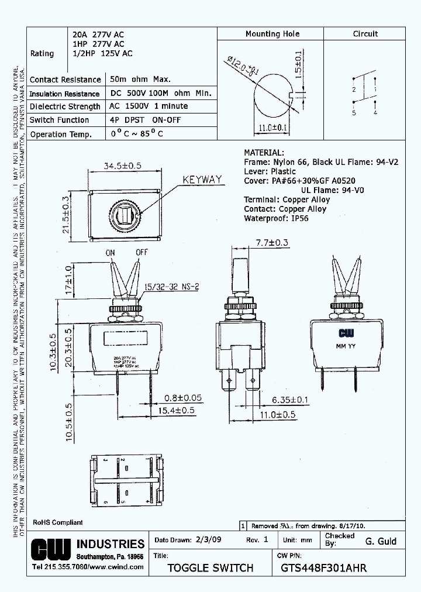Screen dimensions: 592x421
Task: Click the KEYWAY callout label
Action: click(x=202, y=180)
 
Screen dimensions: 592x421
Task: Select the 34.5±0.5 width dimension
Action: click(x=123, y=166)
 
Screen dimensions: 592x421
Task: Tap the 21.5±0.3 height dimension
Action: click(x=66, y=215)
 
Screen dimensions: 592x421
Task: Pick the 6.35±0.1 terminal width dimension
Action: click(x=291, y=400)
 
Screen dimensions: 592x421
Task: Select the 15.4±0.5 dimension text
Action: click(x=176, y=412)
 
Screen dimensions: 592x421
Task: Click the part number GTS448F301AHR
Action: click(x=323, y=567)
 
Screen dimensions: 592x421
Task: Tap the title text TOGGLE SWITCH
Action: click(x=210, y=567)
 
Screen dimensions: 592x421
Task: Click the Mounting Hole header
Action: click(x=272, y=34)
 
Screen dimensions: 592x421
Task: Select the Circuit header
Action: click(x=365, y=34)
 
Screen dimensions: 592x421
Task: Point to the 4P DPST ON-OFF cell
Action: click(x=146, y=120)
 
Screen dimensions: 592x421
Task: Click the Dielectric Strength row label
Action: click(x=65, y=106)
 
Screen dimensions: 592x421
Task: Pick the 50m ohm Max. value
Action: click(x=140, y=79)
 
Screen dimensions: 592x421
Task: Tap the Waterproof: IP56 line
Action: click(x=276, y=218)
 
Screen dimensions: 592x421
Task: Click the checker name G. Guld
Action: click(x=381, y=541)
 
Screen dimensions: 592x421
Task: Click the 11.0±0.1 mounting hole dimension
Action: click(x=272, y=127)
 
